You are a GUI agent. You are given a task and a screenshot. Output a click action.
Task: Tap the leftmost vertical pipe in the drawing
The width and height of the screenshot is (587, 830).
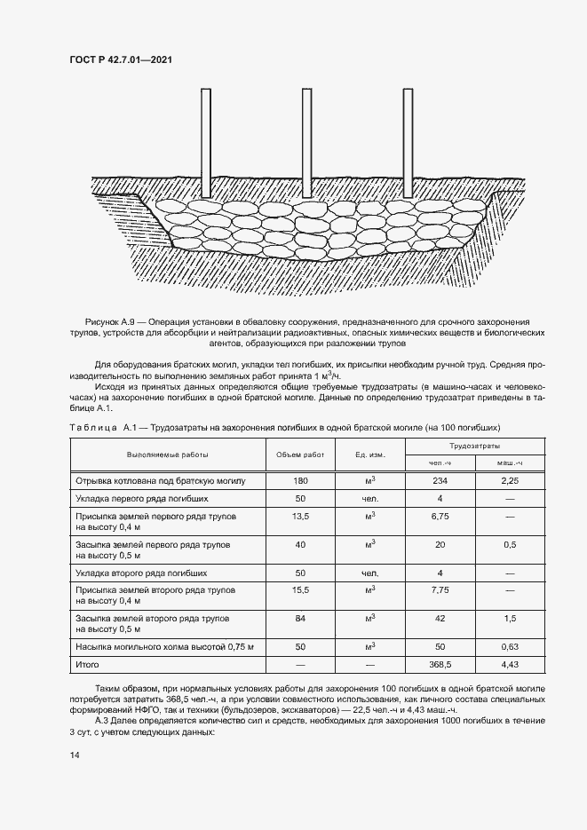click(205, 142)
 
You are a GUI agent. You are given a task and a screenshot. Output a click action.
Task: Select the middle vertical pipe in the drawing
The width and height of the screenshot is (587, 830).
click(307, 142)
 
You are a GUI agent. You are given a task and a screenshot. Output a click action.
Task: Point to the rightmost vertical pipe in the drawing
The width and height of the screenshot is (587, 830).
click(410, 142)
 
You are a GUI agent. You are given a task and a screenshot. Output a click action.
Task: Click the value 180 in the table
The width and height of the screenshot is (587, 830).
click(300, 480)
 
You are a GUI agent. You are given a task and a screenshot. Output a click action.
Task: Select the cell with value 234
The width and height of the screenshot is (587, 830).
click(440, 480)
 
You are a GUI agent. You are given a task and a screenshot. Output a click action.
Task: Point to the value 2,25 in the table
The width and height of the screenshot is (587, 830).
click(509, 480)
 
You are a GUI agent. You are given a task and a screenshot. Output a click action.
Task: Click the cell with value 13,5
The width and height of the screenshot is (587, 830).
click(300, 515)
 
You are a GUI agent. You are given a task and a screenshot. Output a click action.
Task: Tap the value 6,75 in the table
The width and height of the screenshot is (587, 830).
click(440, 515)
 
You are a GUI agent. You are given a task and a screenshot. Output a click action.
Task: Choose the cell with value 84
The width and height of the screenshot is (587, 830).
click(300, 617)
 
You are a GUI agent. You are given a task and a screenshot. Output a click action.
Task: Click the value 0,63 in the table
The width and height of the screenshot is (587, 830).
click(509, 647)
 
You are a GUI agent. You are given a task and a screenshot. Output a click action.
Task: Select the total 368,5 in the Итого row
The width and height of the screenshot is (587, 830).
click(440, 664)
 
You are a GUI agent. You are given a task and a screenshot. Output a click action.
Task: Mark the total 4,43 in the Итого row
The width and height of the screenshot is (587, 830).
click(509, 664)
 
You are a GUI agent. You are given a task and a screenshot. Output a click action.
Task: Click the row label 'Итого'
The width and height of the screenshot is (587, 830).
click(88, 664)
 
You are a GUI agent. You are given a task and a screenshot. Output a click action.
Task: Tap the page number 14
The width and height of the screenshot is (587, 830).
click(74, 755)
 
